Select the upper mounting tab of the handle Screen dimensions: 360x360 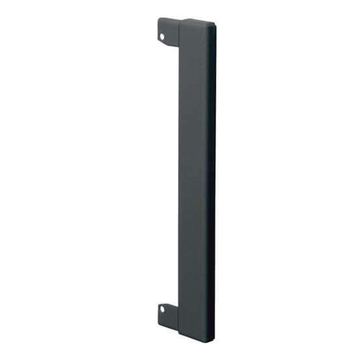[x=167, y=33]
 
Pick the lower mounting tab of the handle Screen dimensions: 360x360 [x=167, y=312]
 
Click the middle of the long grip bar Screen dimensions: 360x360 [x=197, y=179]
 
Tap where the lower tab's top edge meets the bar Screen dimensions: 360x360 [x=178, y=303]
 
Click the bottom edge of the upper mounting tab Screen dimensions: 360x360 [x=169, y=46]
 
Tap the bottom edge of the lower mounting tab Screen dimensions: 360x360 [x=167, y=322]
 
